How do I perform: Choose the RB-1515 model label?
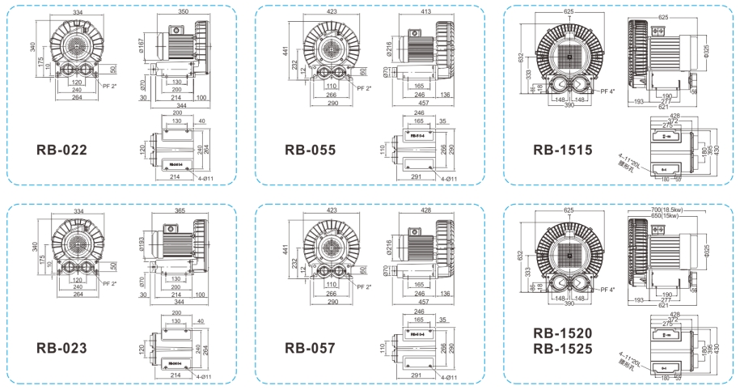563,150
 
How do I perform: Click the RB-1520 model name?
563,333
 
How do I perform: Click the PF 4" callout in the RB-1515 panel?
599,91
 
